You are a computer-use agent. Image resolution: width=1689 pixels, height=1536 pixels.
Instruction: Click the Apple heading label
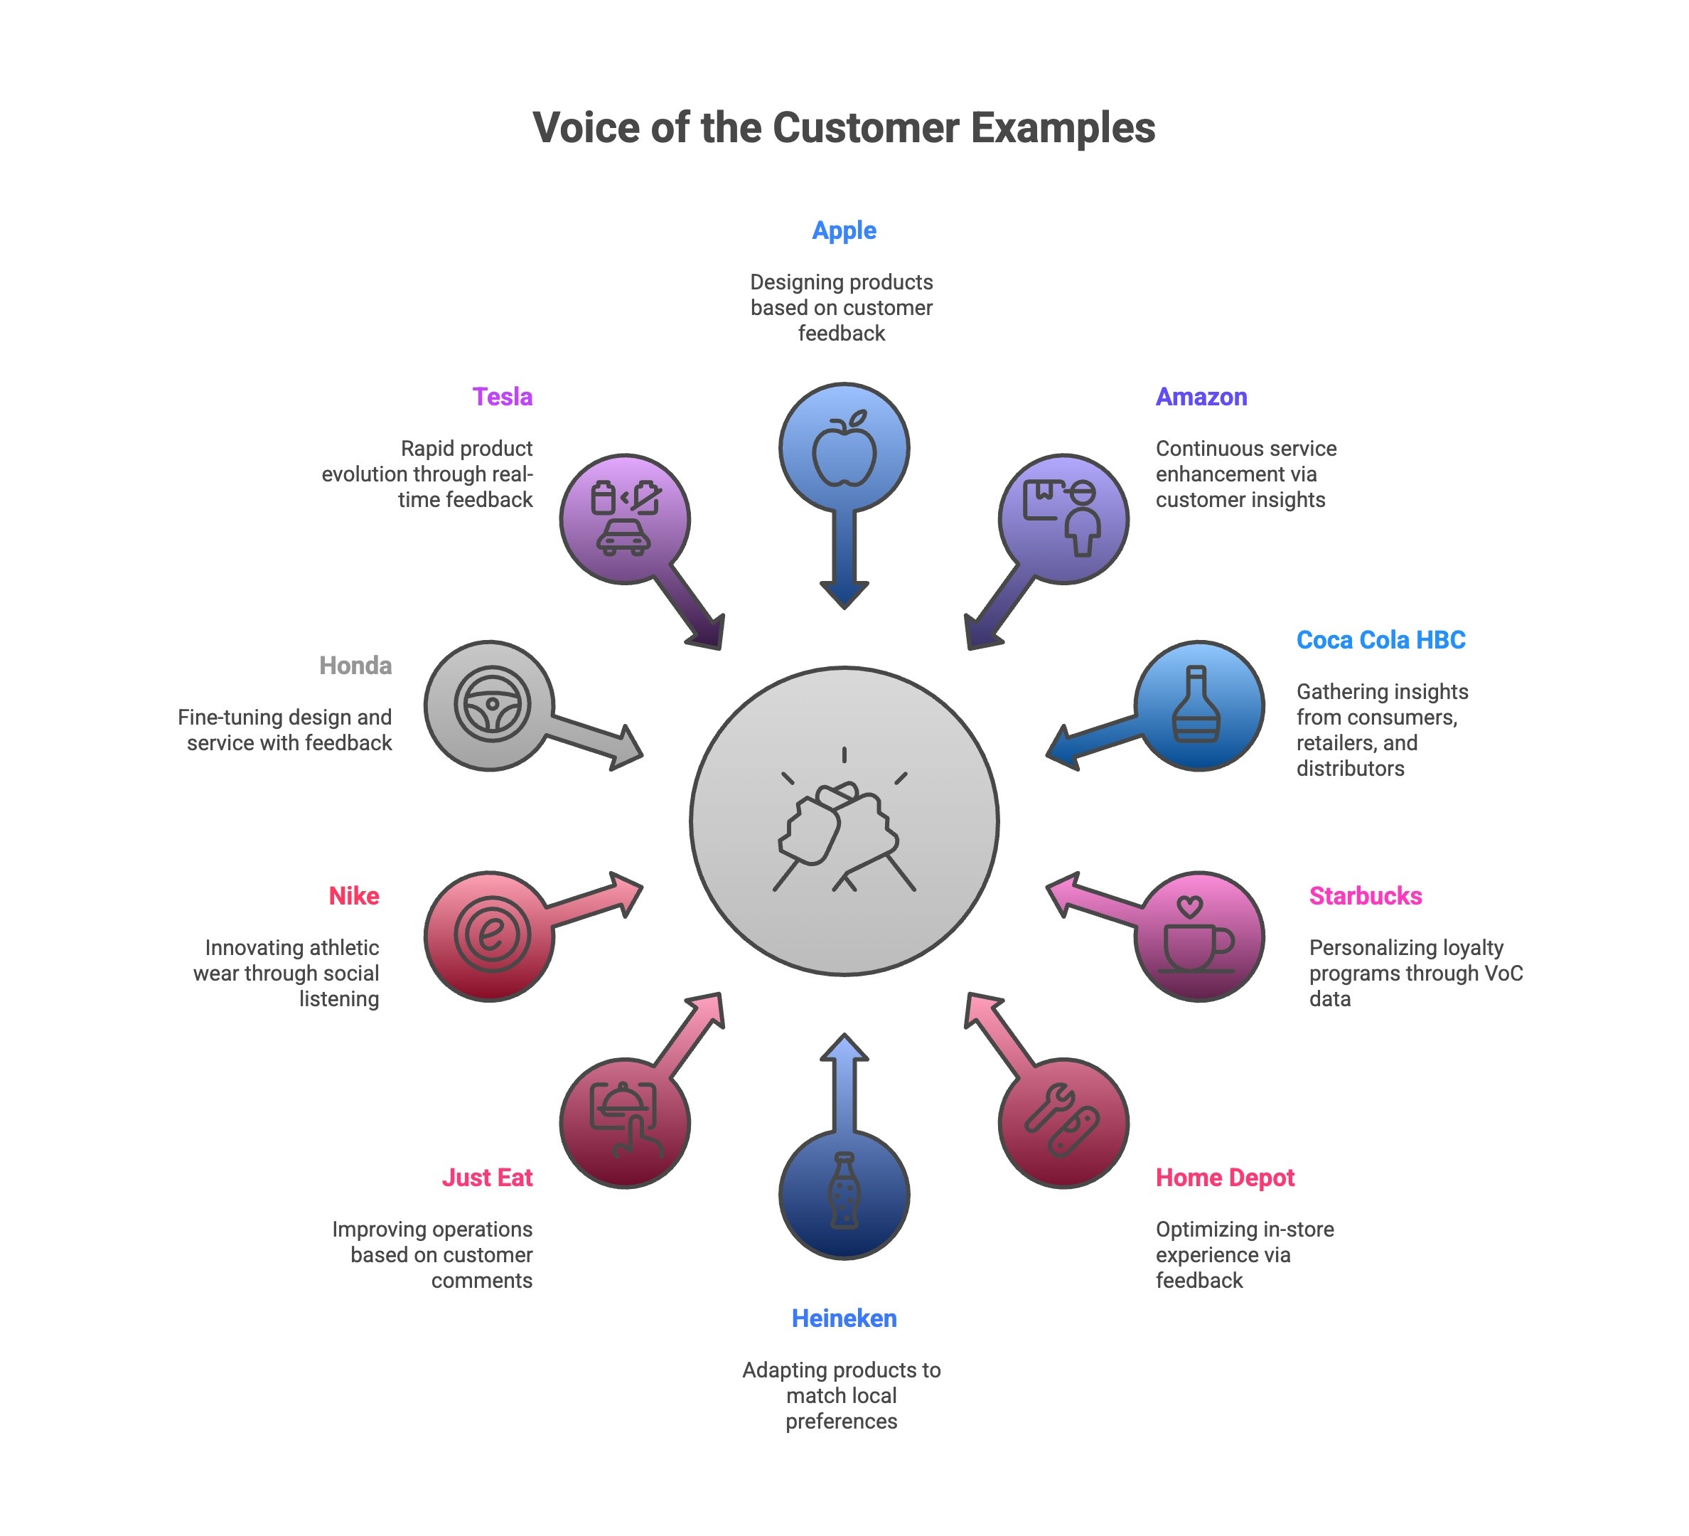click(844, 230)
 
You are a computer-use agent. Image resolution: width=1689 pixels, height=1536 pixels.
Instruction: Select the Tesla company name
click(502, 396)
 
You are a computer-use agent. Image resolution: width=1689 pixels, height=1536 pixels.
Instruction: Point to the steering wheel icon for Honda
click(492, 705)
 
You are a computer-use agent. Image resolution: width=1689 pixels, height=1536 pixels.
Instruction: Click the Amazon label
click(1201, 396)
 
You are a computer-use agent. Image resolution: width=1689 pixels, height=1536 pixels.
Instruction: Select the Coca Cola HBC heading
click(1380, 640)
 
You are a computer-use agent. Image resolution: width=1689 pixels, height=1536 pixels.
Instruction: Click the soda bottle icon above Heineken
click(844, 1192)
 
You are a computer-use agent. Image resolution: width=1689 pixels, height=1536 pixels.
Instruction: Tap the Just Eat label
click(487, 1178)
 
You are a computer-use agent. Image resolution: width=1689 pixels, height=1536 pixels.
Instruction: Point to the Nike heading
click(353, 896)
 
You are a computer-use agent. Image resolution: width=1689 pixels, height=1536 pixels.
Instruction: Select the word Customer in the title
click(867, 128)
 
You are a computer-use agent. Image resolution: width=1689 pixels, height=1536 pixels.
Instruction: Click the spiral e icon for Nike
click(492, 935)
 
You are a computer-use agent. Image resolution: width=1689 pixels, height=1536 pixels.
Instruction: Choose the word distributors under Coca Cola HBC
click(1350, 769)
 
